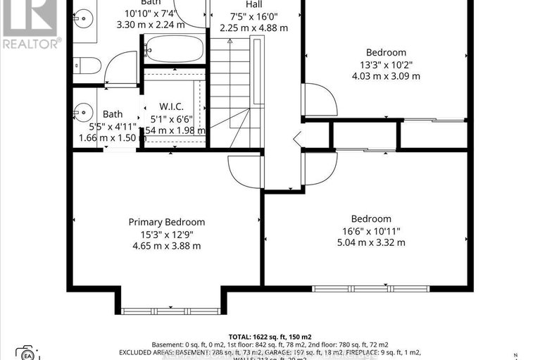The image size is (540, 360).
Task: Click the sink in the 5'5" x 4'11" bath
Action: point(84,111)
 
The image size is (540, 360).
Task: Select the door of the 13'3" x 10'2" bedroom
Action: point(318,99)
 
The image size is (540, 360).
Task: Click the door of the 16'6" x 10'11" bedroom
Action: point(318,168)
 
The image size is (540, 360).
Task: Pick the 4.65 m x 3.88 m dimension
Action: point(166,246)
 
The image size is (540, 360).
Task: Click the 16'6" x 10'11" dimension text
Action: point(371,231)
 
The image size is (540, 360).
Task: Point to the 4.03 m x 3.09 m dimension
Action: point(386,76)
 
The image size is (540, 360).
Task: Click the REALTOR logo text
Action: point(30,43)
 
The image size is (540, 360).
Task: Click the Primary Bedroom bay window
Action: point(170,311)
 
